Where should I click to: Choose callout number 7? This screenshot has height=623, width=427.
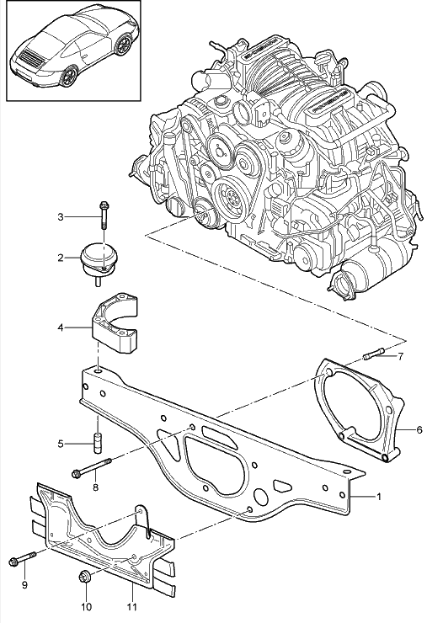coord(401,356)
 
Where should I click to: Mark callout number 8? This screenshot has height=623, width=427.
coord(95,487)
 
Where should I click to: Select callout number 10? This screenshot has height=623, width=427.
coord(85,605)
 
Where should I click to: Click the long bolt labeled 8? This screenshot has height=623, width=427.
coord(93,466)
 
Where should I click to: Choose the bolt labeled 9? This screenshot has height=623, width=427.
coord(22,559)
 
